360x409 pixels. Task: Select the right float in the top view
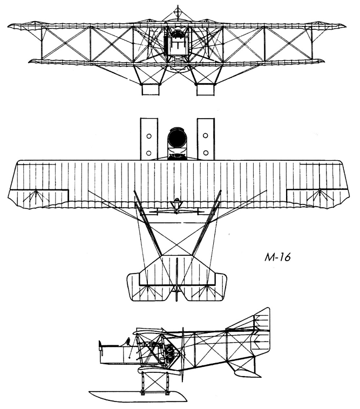click(205, 138)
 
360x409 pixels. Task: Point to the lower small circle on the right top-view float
click(205, 153)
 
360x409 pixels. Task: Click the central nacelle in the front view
click(177, 41)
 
